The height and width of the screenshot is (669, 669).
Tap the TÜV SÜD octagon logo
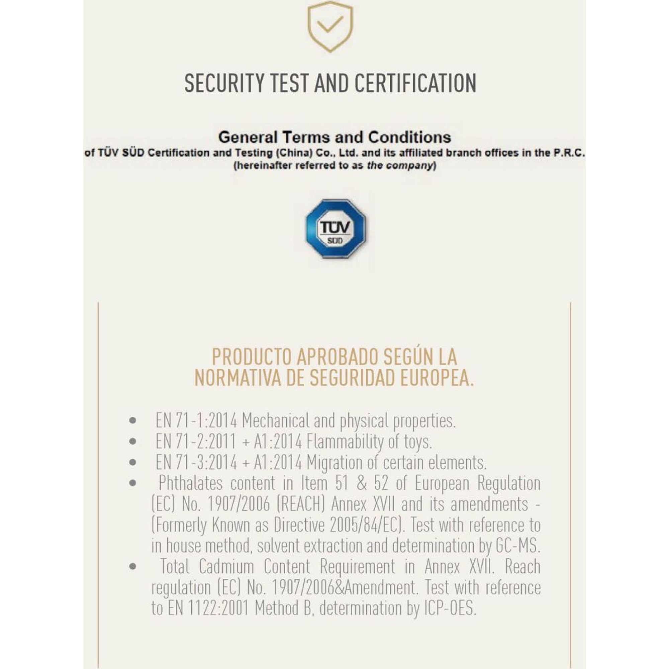click(335, 229)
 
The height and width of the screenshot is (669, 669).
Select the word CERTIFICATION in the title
click(415, 83)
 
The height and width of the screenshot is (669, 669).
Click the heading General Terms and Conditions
click(334, 137)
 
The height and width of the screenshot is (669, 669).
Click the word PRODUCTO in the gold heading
click(252, 357)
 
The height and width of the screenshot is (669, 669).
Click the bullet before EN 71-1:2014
click(132, 421)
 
